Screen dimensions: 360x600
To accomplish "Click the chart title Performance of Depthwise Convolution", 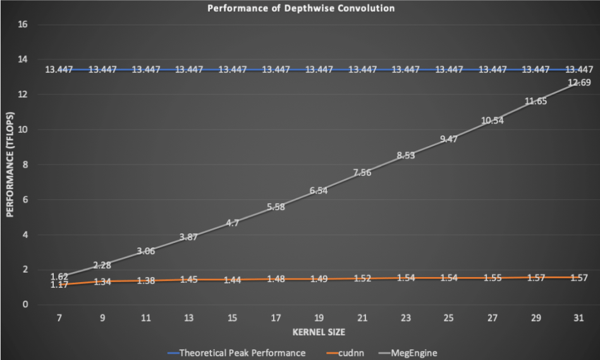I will pos(300,8).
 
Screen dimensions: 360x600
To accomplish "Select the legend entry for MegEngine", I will pos(412,353).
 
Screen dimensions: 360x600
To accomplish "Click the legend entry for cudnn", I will pos(346,353).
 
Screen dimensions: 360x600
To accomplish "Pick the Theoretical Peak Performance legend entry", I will pos(243,353).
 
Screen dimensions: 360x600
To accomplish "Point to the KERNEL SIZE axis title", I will pos(319,332).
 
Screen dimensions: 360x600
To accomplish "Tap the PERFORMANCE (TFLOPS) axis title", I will pos(9,164).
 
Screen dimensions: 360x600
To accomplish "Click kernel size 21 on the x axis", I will pos(362,319).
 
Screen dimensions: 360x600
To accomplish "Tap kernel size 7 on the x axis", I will pos(59,319).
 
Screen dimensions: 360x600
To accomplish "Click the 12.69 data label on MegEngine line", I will pos(579,82).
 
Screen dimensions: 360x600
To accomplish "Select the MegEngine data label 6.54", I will pos(319,190).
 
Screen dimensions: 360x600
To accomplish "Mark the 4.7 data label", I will pos(232,223).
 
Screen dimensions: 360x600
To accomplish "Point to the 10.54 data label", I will pos(492,120).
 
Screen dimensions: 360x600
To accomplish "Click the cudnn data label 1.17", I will pos(59,285).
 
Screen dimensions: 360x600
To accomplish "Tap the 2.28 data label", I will pos(102,265).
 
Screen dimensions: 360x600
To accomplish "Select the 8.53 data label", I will pos(405,156).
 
